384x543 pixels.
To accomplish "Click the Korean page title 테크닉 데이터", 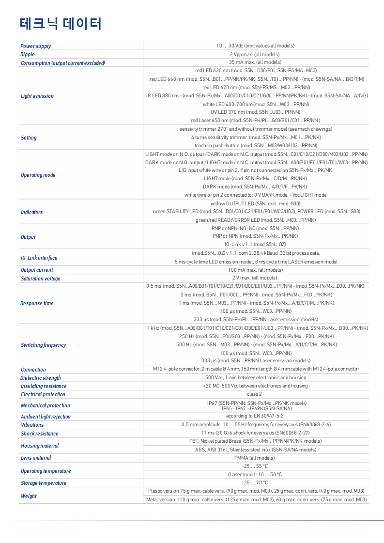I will (61, 24).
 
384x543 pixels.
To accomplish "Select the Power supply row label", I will (35, 46).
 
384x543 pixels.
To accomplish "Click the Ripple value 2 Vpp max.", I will (255, 54).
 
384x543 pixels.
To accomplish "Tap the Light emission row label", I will (37, 96).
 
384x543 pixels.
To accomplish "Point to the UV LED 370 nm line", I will (255, 112).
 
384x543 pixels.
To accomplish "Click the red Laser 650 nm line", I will (255, 120).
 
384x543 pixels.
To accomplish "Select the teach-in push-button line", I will (255, 145).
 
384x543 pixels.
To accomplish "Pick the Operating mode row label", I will (38, 175).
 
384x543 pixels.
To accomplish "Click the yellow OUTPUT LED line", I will (255, 203).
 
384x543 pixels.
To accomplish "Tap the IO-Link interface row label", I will (39, 258).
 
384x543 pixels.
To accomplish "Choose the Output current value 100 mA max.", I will (255, 270).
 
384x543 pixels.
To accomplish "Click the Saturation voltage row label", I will (40, 279).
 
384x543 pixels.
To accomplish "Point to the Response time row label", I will (37, 303).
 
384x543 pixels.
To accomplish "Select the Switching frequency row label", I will (43, 345).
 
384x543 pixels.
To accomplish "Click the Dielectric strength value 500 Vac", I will (255, 377).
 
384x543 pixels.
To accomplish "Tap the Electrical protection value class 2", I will (255, 394).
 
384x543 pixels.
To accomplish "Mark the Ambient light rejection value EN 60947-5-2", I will (255, 416).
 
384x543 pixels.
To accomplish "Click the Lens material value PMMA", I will (255, 458).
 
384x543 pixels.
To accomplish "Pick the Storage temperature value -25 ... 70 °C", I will (255, 483).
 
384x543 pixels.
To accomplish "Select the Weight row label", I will (29, 496).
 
